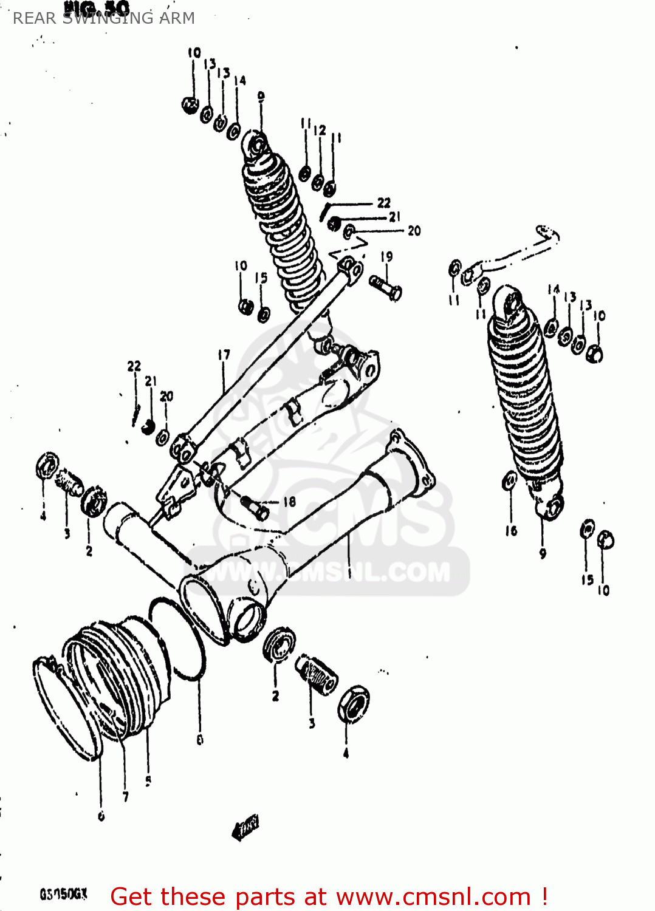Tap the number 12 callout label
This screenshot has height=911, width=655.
pos(320,130)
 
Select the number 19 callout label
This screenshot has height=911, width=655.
pos(386,257)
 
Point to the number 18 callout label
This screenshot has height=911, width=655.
pos(289,502)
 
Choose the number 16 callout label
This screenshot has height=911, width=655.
pos(511,531)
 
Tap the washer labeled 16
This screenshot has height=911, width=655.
pos(509,481)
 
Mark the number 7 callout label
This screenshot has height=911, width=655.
pos(126,797)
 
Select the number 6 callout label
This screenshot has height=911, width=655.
pos(101,817)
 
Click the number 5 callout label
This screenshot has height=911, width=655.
pos(148,781)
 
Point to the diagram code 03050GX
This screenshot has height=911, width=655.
pos(64,894)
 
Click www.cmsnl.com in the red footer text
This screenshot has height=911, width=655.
pos(433,897)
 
